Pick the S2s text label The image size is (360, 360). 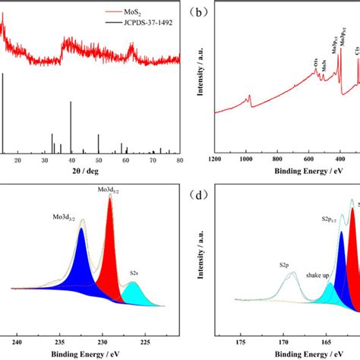[x=134, y=272]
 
